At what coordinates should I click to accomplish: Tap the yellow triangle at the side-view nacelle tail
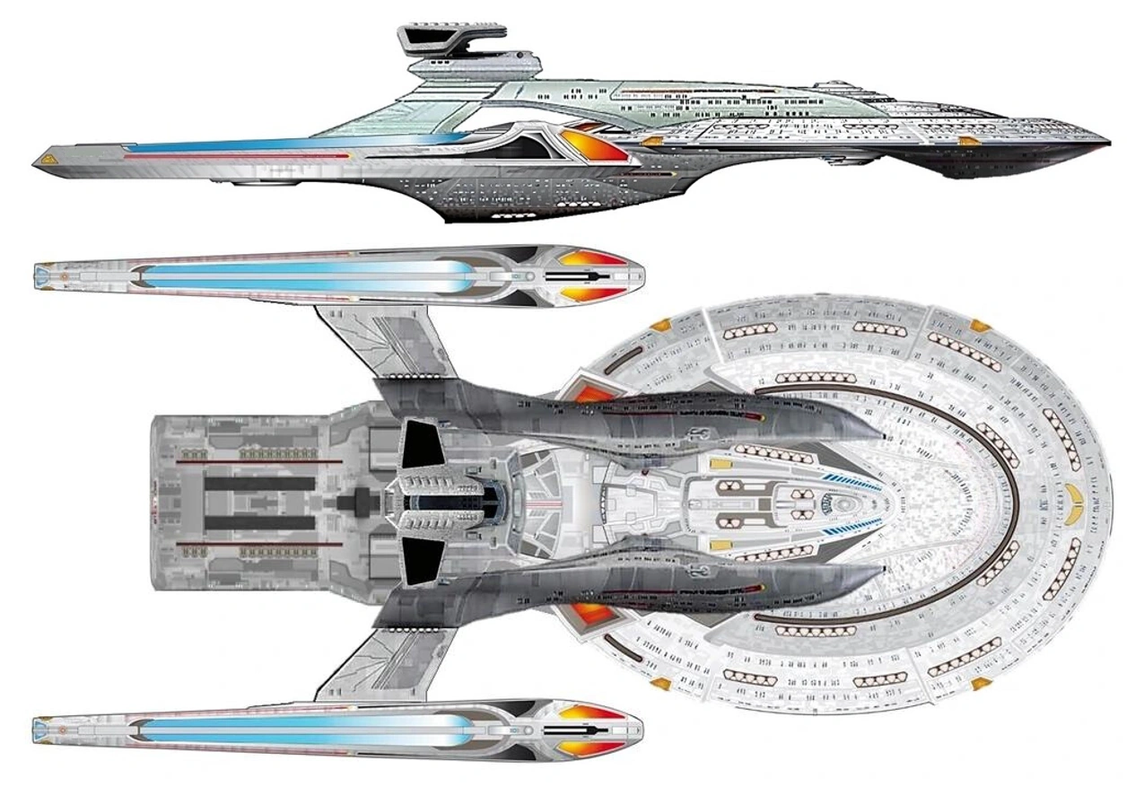[x=46, y=158]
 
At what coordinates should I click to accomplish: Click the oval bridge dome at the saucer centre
[x=843, y=503]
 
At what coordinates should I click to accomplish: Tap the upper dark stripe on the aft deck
[x=260, y=485]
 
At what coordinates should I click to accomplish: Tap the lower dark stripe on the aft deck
[x=260, y=522]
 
